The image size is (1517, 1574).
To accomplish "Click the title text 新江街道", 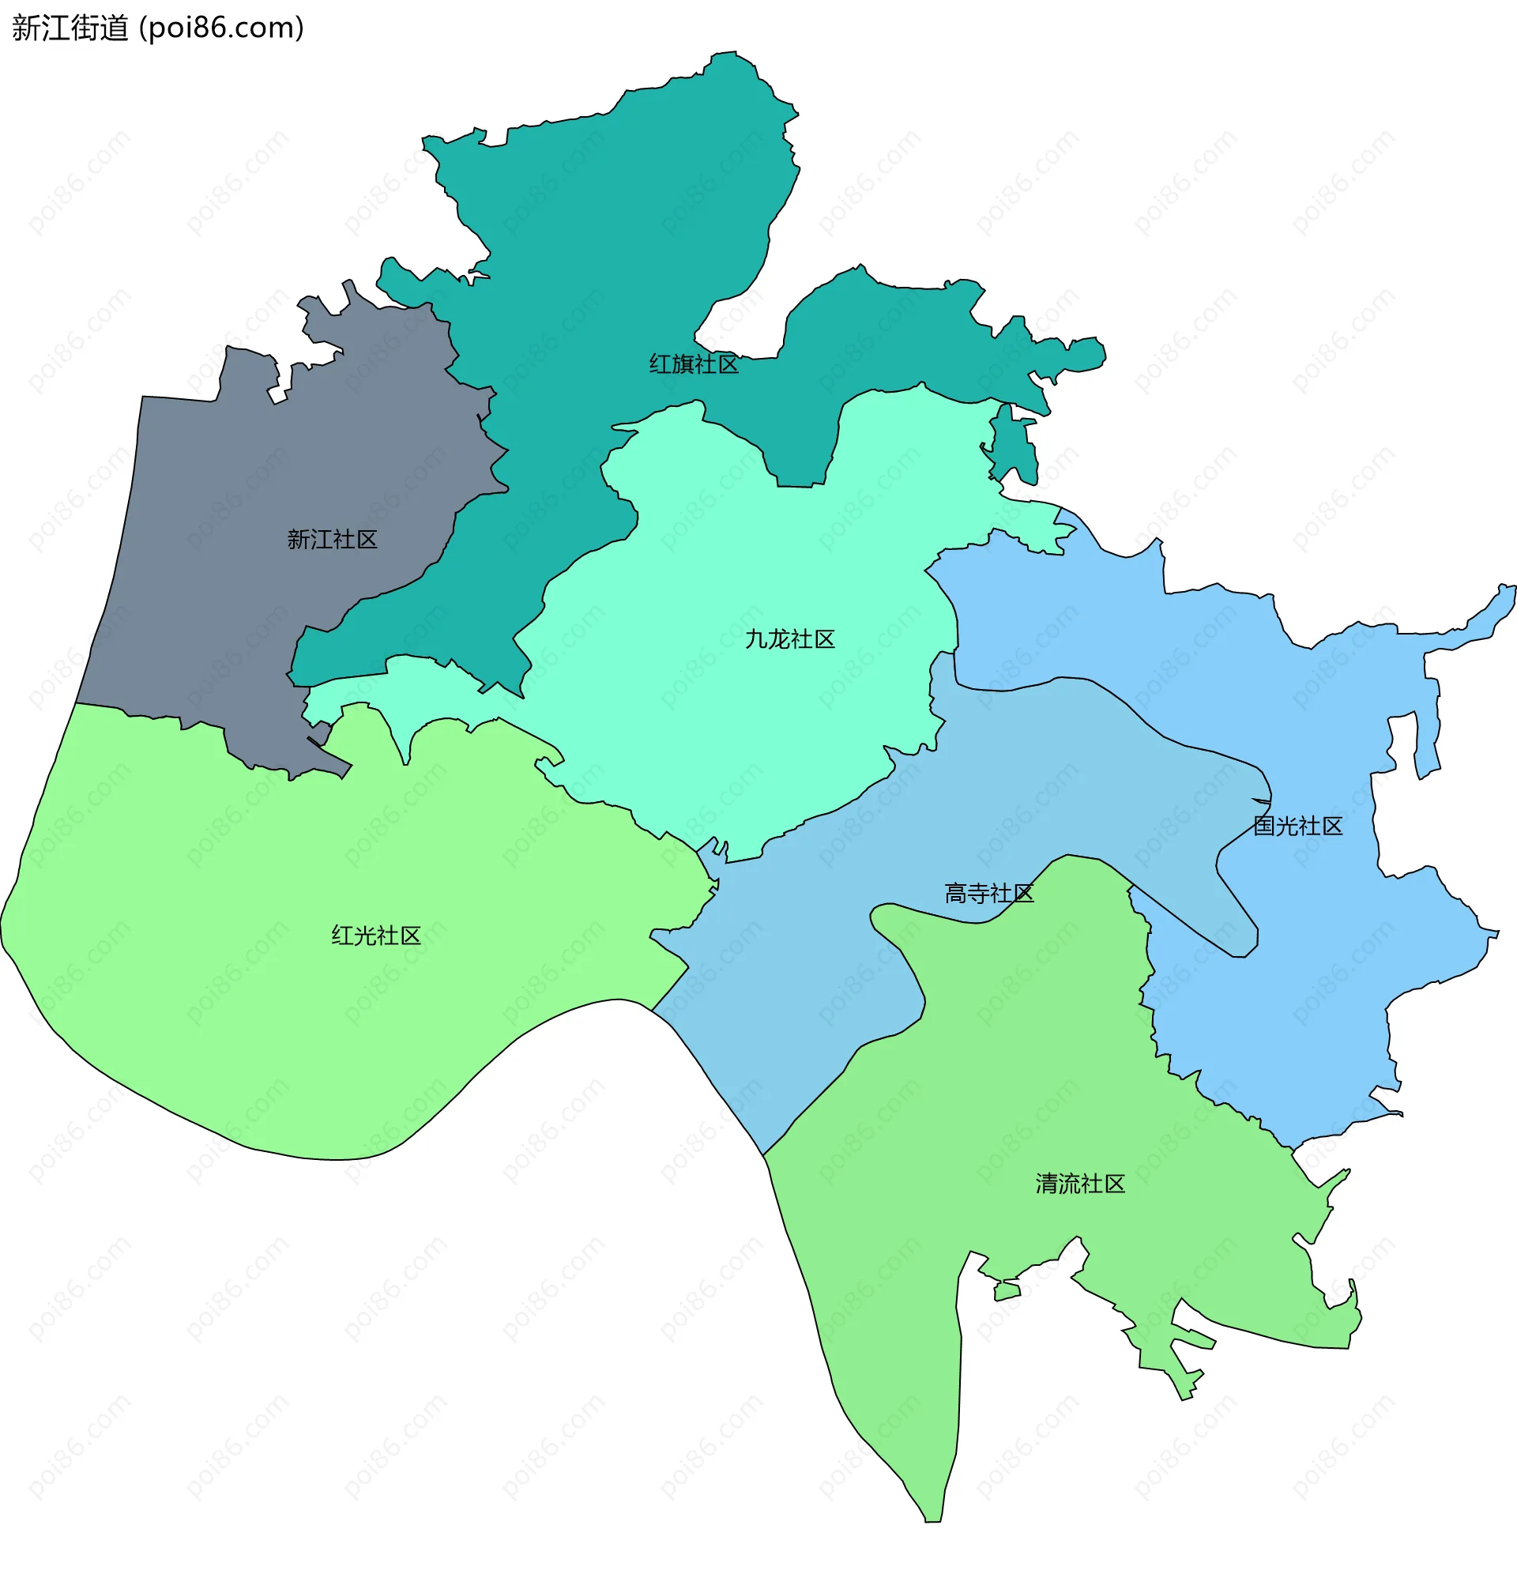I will click(70, 28).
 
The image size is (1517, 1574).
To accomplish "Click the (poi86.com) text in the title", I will click(222, 28).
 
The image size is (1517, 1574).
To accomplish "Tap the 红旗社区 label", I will click(693, 364).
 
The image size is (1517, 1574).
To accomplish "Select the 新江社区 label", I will click(332, 540).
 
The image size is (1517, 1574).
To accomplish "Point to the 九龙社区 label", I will click(789, 639).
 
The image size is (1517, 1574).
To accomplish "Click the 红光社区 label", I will click(376, 936).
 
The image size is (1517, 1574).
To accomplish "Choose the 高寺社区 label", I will click(988, 894).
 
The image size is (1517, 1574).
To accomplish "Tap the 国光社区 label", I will click(1297, 827).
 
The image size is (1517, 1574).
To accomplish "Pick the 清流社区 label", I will click(1079, 1184).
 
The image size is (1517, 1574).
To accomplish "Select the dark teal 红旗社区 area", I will click(610, 241).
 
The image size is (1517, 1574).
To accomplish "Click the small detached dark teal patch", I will click(1015, 446).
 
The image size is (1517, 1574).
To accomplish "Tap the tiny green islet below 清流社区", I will click(1007, 1291).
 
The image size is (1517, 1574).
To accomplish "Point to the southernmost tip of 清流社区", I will click(932, 1519).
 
